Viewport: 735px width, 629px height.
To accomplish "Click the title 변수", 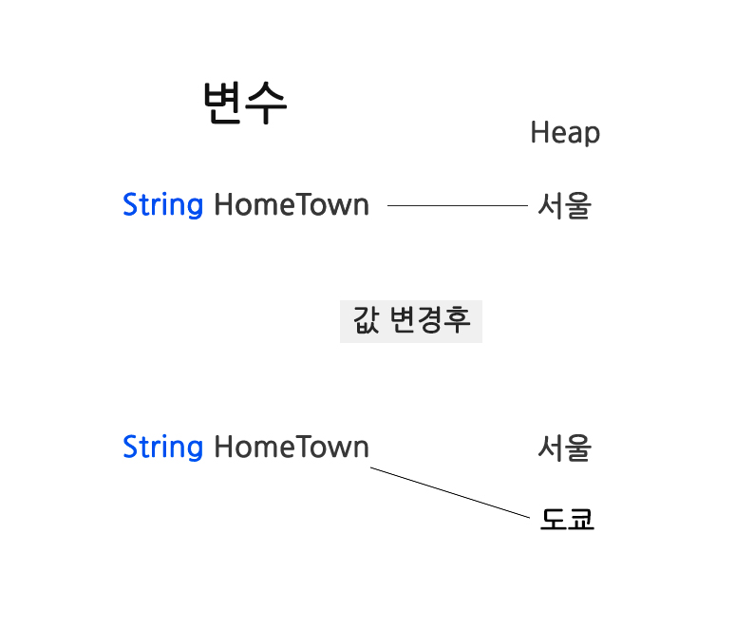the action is [245, 103].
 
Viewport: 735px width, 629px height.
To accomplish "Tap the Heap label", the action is [565, 133].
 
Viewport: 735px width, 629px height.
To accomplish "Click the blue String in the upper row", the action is [162, 205].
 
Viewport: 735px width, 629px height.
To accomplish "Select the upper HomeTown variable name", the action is [292, 205].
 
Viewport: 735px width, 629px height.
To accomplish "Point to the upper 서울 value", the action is [564, 205].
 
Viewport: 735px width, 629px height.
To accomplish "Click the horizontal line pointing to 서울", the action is [457, 205].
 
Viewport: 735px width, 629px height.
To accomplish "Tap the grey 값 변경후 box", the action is [411, 321].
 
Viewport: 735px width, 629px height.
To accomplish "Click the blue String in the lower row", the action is [162, 447].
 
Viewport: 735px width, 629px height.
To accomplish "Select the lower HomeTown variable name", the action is [292, 447].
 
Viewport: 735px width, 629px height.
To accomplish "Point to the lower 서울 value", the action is [564, 448].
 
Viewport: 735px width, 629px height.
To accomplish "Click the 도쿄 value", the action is [567, 519].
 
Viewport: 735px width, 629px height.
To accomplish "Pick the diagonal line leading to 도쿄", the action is [449, 492].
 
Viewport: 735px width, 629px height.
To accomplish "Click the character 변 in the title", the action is [223, 103].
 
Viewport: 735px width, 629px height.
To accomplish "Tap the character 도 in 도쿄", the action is [554, 519].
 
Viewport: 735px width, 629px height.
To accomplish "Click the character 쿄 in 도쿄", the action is [580, 519].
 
